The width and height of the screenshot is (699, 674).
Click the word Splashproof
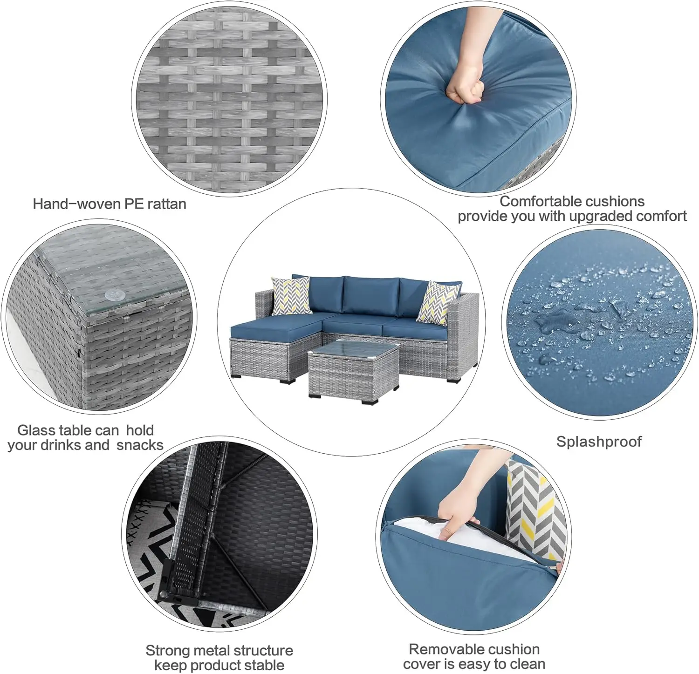(599, 442)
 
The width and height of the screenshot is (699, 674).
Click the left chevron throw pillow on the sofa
(291, 295)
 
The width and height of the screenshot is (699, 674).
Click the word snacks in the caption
(140, 445)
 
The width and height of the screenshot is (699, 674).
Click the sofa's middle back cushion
(370, 295)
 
